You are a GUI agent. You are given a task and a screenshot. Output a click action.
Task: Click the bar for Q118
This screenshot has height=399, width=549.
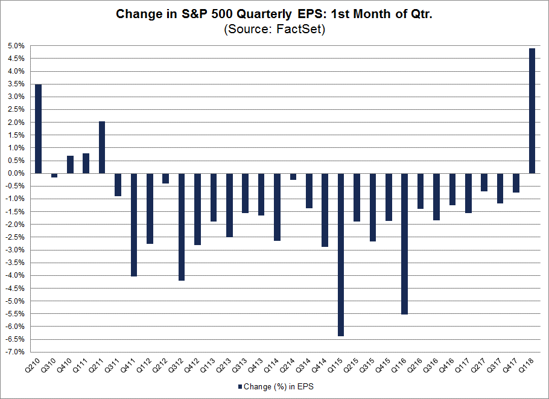pyautogui.click(x=532, y=110)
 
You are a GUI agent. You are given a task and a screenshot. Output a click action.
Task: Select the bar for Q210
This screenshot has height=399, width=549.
pyautogui.click(x=38, y=129)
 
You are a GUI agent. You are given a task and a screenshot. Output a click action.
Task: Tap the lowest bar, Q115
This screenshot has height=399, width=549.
pyautogui.click(x=341, y=254)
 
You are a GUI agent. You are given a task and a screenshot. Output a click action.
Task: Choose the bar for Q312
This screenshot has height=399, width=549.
pyautogui.click(x=181, y=226)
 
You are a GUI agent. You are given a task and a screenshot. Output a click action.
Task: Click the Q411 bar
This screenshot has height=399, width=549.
pyautogui.click(x=134, y=225)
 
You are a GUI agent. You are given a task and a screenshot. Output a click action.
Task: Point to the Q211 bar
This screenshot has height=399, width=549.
pyautogui.click(x=102, y=147)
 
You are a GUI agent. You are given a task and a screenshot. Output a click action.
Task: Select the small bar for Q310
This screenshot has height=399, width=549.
pyautogui.click(x=54, y=175)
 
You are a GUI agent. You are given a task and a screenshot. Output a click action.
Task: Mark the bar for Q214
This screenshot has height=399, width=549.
pyautogui.click(x=293, y=176)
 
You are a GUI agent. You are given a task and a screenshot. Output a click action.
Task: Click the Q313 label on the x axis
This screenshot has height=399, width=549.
pyautogui.click(x=246, y=366)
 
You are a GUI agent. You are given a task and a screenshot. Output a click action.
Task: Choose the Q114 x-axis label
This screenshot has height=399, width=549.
pyautogui.click(x=278, y=366)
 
